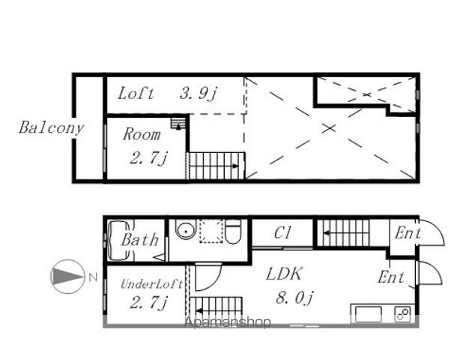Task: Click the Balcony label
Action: tap(51, 127)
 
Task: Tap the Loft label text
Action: tap(136, 94)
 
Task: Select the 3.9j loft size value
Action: tap(198, 94)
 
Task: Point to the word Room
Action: tap(142, 134)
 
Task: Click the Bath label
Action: tap(140, 240)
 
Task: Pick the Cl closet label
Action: tap(282, 232)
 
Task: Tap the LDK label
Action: tap(284, 274)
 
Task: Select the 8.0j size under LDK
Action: tap(294, 298)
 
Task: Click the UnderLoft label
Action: tap(151, 284)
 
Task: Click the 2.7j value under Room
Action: tap(148, 158)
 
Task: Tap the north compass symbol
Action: tap(67, 276)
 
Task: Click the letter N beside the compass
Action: tap(93, 277)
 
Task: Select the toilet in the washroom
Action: tap(233, 232)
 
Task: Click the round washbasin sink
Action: tap(185, 231)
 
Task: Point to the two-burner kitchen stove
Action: tap(402, 313)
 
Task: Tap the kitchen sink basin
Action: tap(368, 314)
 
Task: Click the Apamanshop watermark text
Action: tap(228, 322)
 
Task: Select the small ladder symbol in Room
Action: tap(178, 124)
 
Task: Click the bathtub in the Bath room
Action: tap(118, 241)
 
